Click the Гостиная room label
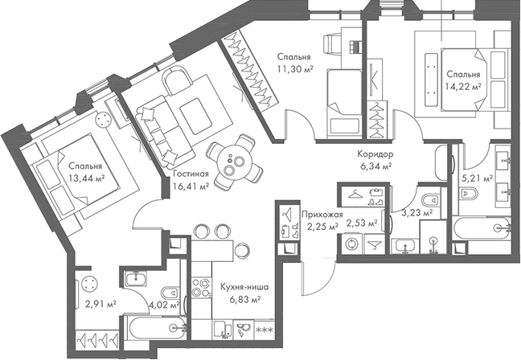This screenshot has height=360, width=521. (191, 173)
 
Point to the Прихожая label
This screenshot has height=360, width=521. (322, 215)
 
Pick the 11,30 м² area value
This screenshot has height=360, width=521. (295, 69)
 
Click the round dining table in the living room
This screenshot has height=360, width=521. (233, 163)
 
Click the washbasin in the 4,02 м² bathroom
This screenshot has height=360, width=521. (137, 279)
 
